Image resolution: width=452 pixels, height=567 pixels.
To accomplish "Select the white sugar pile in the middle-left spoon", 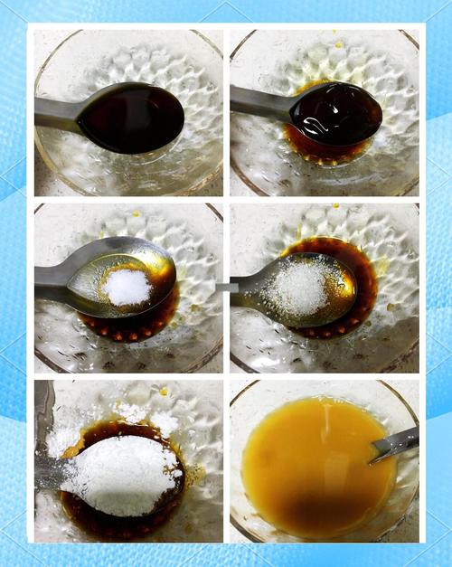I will click(x=127, y=287).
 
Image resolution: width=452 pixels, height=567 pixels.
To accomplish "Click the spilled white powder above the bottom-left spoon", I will click(x=136, y=413).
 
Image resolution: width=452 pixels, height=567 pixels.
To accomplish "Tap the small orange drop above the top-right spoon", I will click(x=338, y=43).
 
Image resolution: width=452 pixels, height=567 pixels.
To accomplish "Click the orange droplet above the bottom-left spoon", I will click(x=163, y=392).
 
